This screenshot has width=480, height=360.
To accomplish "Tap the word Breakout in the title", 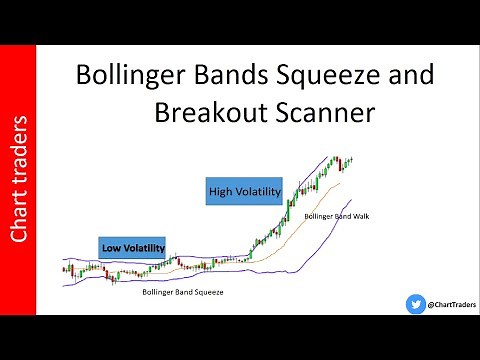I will (x=206, y=113).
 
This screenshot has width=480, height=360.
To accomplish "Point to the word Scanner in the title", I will (x=322, y=113).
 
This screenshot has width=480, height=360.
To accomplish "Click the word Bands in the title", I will (x=220, y=76).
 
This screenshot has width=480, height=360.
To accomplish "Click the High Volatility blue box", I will (x=244, y=190).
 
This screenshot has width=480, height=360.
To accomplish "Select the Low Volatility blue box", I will (x=131, y=246).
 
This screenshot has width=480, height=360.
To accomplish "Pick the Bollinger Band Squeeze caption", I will (x=183, y=292).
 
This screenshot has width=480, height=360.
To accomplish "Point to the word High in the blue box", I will (x=221, y=190).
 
